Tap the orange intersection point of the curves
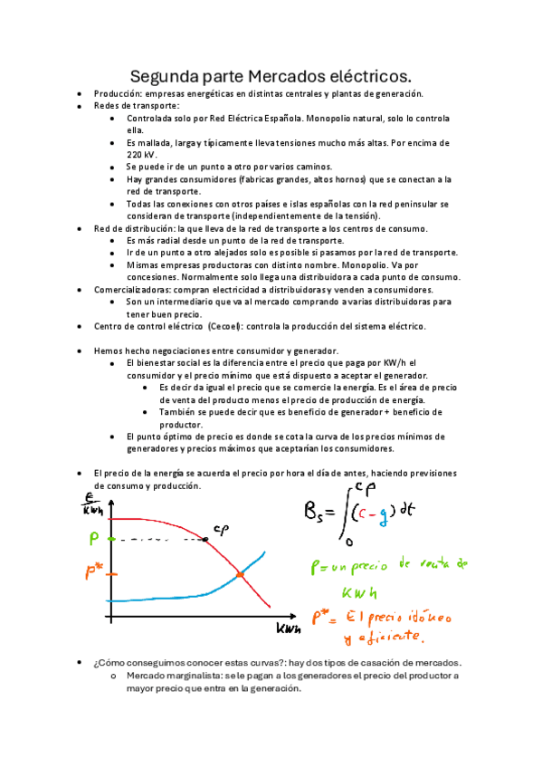(240, 574)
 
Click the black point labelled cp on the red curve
(205, 539)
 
